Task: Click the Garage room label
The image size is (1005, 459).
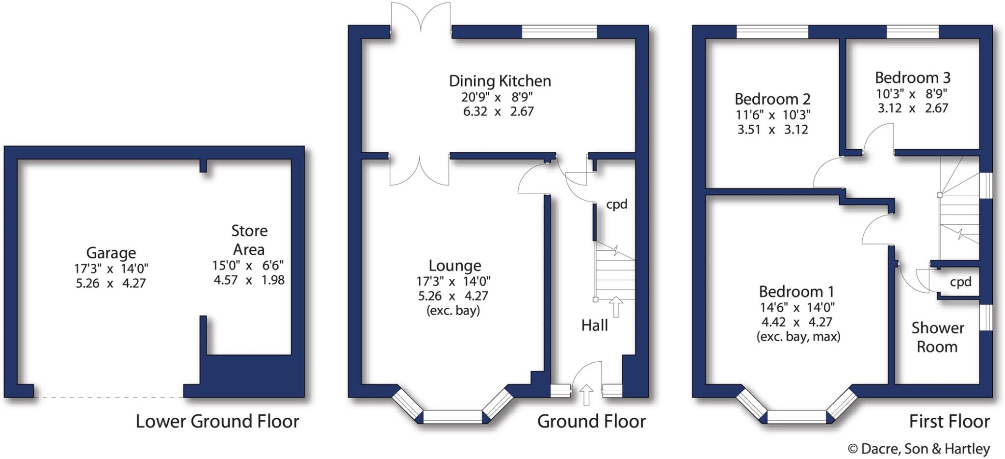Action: [x=111, y=253]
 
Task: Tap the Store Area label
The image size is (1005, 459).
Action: [x=249, y=240]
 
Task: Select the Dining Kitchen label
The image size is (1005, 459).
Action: [x=500, y=81]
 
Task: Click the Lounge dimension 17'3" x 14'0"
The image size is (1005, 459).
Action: [x=453, y=281]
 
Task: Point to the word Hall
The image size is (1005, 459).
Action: [x=594, y=325]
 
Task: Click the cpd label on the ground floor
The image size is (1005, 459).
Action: [x=616, y=204]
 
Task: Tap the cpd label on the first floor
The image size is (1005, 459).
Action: [x=960, y=282]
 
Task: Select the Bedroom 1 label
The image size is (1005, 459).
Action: [x=796, y=292]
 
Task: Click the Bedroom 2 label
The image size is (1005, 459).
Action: [x=772, y=99]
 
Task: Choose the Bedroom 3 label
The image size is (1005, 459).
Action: [x=912, y=78]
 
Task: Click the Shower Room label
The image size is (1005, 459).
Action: [x=937, y=337]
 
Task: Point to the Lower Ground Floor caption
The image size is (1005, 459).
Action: [x=217, y=422]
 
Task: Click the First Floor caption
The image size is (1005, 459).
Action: [x=949, y=422]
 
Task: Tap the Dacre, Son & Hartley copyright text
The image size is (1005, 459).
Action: [x=919, y=449]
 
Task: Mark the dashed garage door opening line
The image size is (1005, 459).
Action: [x=108, y=397]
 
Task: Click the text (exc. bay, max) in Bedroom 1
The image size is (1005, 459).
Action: [x=798, y=337]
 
